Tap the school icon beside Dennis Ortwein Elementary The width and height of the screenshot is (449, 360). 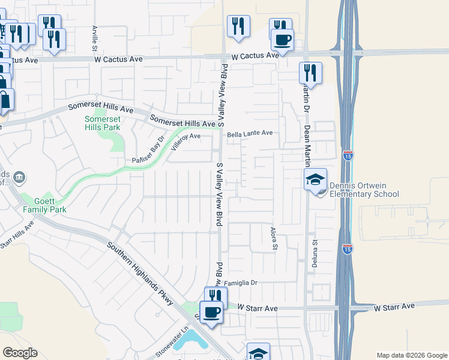point(315,179)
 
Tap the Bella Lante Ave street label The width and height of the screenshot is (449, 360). point(250,134)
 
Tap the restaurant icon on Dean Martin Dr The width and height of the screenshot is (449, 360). point(310,73)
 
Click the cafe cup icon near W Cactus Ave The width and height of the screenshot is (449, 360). point(282,40)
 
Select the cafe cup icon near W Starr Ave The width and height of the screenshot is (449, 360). point(211,313)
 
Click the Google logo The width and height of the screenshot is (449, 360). point(20,353)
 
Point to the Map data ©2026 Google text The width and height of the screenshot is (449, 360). point(412,355)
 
